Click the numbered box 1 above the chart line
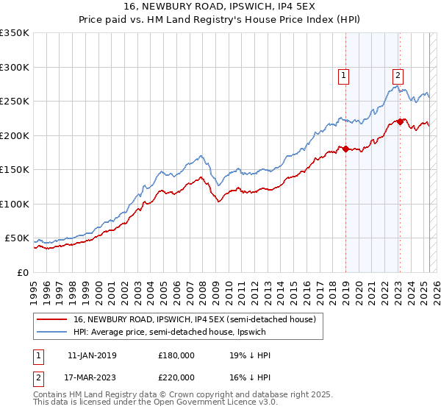coord(344,74)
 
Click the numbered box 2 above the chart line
coord(398,74)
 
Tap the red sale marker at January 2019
coord(345,149)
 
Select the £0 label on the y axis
coord(23,272)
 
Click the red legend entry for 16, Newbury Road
coord(194,319)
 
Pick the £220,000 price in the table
coord(176,376)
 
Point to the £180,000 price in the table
coord(176,355)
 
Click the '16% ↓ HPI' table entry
coord(251,376)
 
